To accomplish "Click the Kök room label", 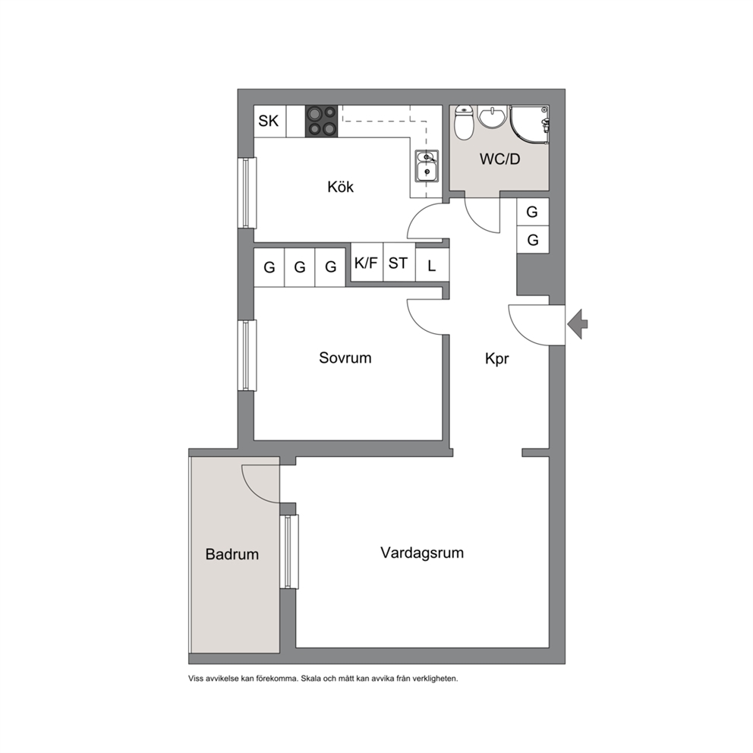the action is pos(340,186).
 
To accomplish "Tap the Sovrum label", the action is pos(345,358).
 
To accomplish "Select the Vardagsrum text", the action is pos(422,553).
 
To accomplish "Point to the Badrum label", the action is pos(232,554).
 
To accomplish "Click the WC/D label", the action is pos(499,159).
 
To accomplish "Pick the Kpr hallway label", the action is pos(496,359).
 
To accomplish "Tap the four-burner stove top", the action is pos(321,121).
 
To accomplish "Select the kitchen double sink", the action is pos(427,165).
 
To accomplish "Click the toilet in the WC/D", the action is pos(464,122).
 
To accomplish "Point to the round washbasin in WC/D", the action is pos(492,117).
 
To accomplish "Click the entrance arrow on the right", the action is pos(578,324).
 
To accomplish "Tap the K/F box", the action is pos(367,263).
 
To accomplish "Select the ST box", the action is pos(399,263).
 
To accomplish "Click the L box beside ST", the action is pos(432,265).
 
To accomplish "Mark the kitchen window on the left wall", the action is pos(247,193).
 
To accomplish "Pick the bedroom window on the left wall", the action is pos(247,355).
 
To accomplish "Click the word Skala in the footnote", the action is pos(310,679).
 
